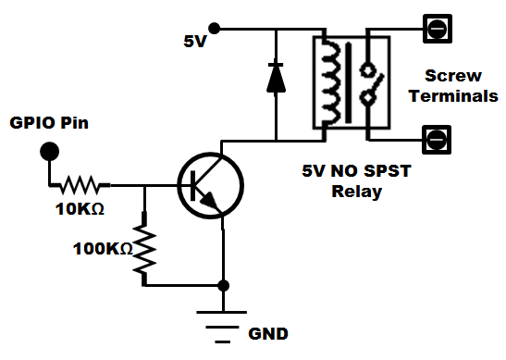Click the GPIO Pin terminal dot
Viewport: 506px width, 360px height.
click(50, 151)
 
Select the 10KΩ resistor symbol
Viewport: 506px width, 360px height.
click(80, 185)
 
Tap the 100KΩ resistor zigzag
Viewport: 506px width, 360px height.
click(144, 249)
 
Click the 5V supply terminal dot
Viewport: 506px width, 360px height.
click(214, 29)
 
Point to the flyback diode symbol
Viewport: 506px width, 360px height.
click(276, 78)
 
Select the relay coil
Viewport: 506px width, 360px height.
click(331, 81)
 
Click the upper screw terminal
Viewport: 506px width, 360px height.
click(438, 29)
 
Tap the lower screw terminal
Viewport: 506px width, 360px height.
click(437, 140)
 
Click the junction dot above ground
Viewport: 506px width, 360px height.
click(223, 285)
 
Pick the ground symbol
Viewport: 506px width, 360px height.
click(222, 327)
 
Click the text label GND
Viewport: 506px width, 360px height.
click(268, 334)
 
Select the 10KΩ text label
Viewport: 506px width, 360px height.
click(80, 209)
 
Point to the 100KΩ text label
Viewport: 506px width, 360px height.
click(103, 249)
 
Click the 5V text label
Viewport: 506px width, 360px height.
click(194, 42)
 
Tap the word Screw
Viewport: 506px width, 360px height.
click(453, 76)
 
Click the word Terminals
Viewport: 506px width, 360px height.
click(453, 96)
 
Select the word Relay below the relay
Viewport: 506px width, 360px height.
click(356, 192)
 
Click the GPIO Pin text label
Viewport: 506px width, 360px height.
click(49, 123)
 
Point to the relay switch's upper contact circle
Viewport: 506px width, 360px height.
click(368, 69)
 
